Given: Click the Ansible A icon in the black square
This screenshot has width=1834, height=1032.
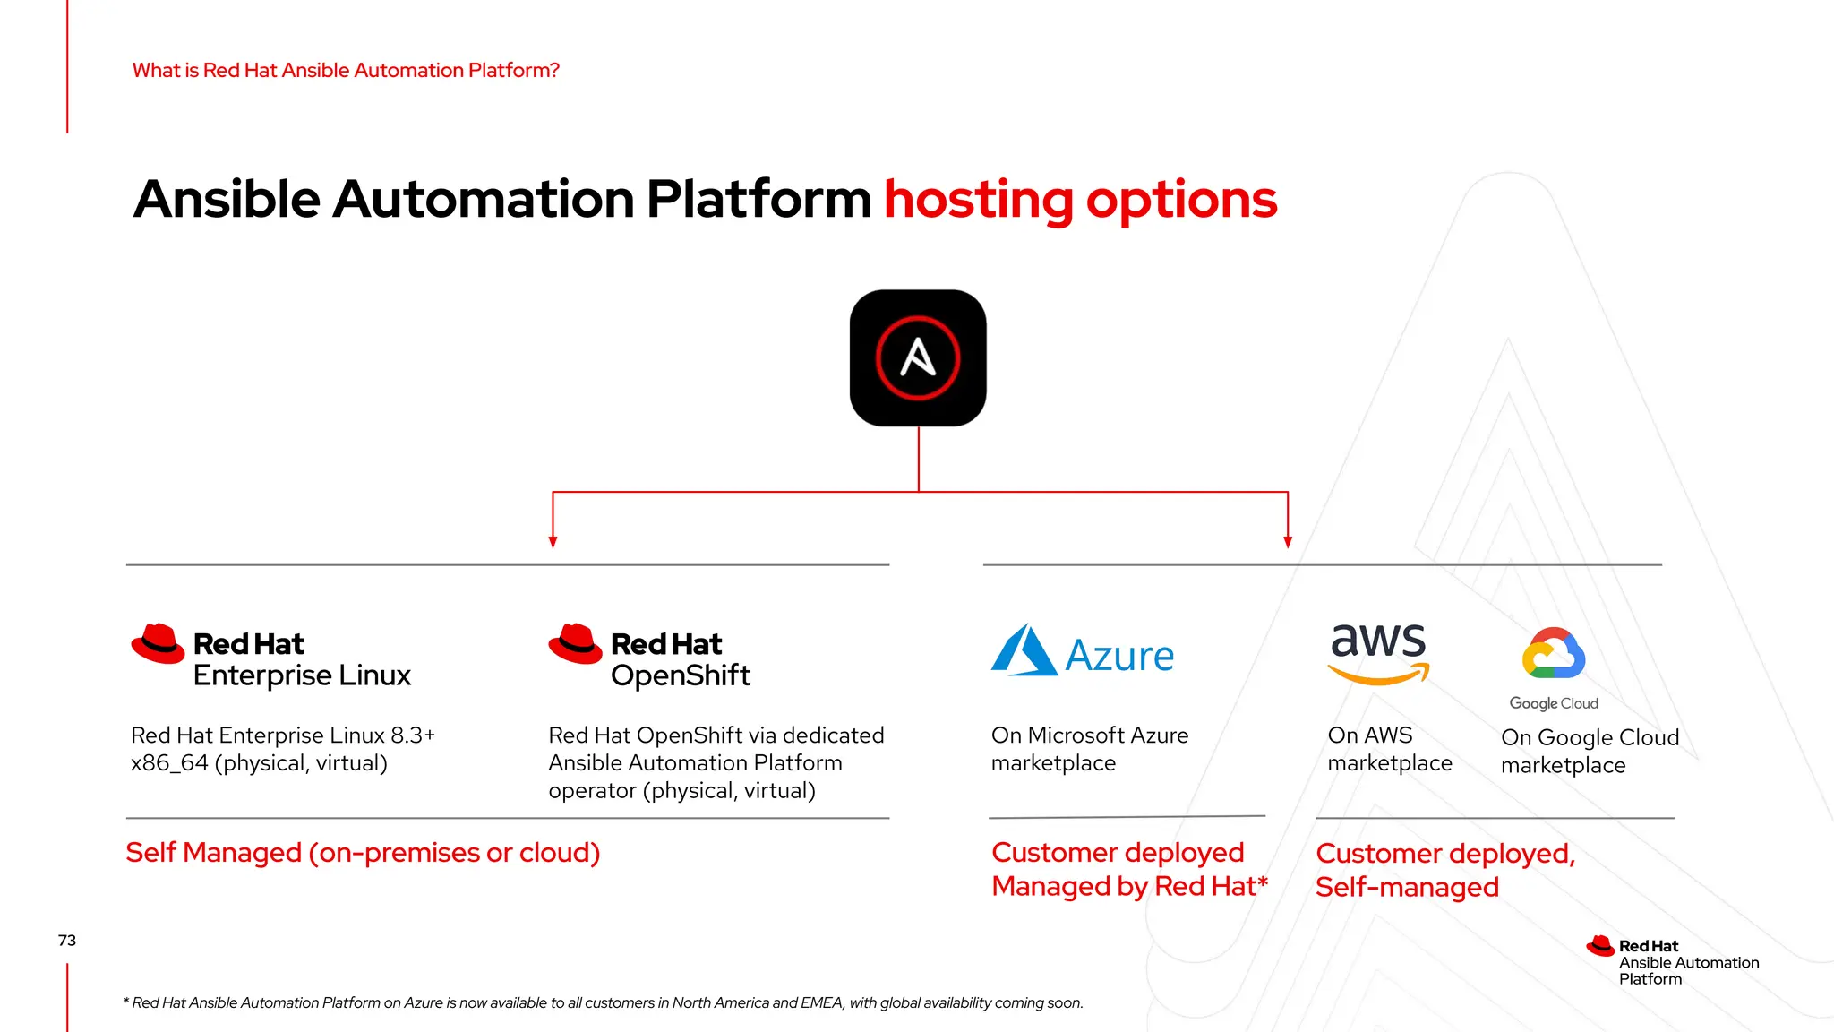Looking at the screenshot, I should pyautogui.click(x=918, y=357).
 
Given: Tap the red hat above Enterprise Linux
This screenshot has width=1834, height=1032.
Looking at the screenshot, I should pyautogui.click(x=158, y=643).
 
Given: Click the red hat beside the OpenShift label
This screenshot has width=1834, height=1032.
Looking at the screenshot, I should pyautogui.click(x=575, y=643).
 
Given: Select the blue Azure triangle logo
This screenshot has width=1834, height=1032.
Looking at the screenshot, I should pyautogui.click(x=1024, y=651).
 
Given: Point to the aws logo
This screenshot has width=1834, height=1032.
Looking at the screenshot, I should pyautogui.click(x=1378, y=652).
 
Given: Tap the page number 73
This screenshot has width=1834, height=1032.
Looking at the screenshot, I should pyautogui.click(x=67, y=940).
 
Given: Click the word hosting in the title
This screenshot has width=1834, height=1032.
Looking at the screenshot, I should pyautogui.click(x=978, y=199).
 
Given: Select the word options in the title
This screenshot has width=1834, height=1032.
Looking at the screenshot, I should pyautogui.click(x=1181, y=199).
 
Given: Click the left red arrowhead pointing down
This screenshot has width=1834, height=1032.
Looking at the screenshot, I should pyautogui.click(x=553, y=541).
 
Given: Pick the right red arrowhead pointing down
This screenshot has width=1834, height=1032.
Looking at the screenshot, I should pyautogui.click(x=1288, y=541).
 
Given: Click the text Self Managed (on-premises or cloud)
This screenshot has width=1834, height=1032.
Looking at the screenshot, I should pyautogui.click(x=363, y=852).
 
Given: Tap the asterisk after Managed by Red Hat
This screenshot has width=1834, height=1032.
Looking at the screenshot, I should pyautogui.click(x=1263, y=881).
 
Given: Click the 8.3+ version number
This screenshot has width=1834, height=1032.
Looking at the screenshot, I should pyautogui.click(x=413, y=735).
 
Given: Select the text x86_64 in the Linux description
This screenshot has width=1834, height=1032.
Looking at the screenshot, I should pyautogui.click(x=169, y=763).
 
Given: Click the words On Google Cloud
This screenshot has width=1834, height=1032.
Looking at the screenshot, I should pyautogui.click(x=1590, y=737).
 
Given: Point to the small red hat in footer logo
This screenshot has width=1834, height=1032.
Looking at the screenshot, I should pyautogui.click(x=1600, y=946).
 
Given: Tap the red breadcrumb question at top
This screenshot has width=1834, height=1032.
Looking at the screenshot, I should pyautogui.click(x=346, y=70).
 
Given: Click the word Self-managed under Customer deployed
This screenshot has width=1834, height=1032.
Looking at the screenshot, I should pyautogui.click(x=1407, y=887).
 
